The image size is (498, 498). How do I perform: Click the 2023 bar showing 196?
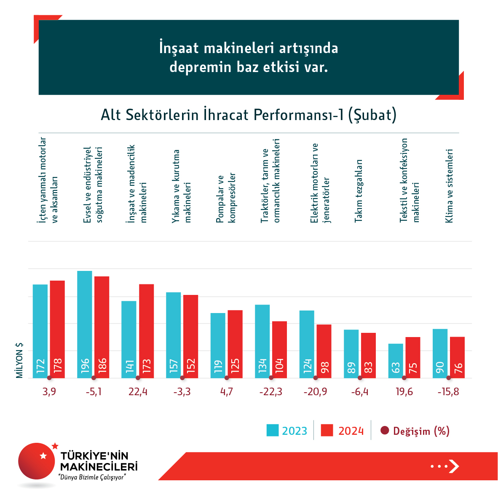85,324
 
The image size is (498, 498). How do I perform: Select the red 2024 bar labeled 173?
147,331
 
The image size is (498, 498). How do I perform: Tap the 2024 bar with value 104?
279,349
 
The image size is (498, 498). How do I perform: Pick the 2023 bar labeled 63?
396,361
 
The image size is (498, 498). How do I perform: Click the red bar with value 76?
457,357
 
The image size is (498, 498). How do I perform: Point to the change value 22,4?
138,392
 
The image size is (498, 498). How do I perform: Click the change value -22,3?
271,392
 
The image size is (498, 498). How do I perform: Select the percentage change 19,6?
404,392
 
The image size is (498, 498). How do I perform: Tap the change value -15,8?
448,392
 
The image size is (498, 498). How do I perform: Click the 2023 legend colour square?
273,430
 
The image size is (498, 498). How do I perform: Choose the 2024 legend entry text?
351,431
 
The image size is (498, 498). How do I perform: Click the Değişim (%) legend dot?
384,431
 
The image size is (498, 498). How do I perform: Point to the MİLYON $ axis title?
19,360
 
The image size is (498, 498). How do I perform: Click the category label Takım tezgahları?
359,190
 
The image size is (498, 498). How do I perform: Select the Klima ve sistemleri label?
449,185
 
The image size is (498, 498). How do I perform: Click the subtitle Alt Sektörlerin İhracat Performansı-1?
249,115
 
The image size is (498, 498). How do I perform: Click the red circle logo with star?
37,461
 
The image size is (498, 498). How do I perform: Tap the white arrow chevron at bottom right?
454,466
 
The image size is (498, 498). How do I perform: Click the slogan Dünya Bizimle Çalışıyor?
93,477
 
